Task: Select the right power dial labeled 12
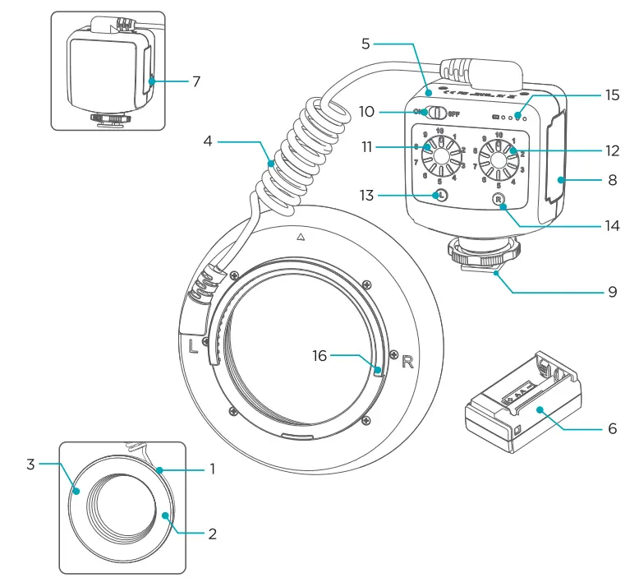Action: [499, 157]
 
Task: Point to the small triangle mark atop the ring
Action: [301, 236]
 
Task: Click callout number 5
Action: [366, 44]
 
